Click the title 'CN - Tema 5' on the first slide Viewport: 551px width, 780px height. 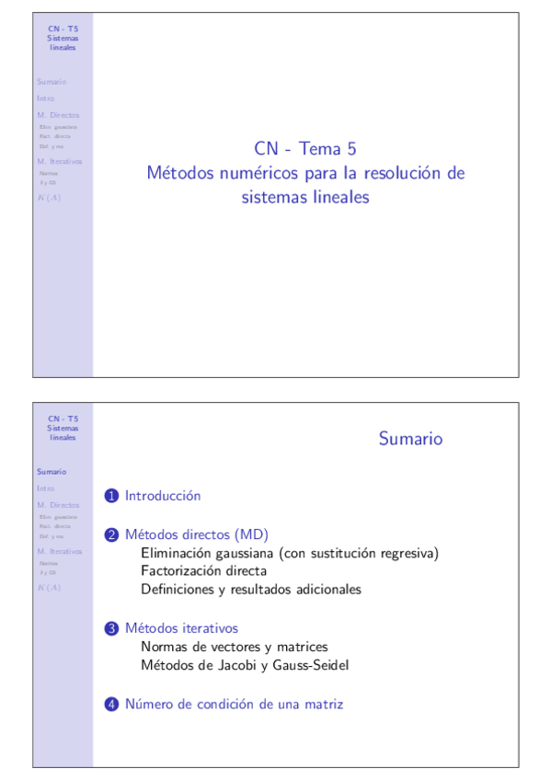(304, 149)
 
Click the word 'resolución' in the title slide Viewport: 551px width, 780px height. (409, 173)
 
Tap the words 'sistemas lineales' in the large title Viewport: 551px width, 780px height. (304, 197)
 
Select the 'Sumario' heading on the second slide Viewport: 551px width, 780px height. (410, 439)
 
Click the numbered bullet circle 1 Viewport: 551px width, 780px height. (111, 497)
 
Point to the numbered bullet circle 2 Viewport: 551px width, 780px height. (111, 534)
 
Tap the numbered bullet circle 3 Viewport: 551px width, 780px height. (111, 629)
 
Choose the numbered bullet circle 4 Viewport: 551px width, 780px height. (111, 705)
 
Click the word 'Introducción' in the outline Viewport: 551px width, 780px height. (163, 496)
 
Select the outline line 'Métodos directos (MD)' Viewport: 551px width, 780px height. (196, 534)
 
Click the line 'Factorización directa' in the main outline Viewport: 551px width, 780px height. (203, 571)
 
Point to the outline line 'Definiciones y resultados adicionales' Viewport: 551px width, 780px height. (251, 590)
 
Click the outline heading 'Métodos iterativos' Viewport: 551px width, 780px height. (181, 628)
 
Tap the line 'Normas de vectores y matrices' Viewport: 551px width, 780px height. (234, 647)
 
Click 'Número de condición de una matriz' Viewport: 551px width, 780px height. (234, 705)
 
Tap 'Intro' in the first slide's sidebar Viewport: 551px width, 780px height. (46, 97)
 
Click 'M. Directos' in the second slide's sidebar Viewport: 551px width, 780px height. (58, 505)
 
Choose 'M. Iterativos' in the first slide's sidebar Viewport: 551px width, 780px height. (59, 161)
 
